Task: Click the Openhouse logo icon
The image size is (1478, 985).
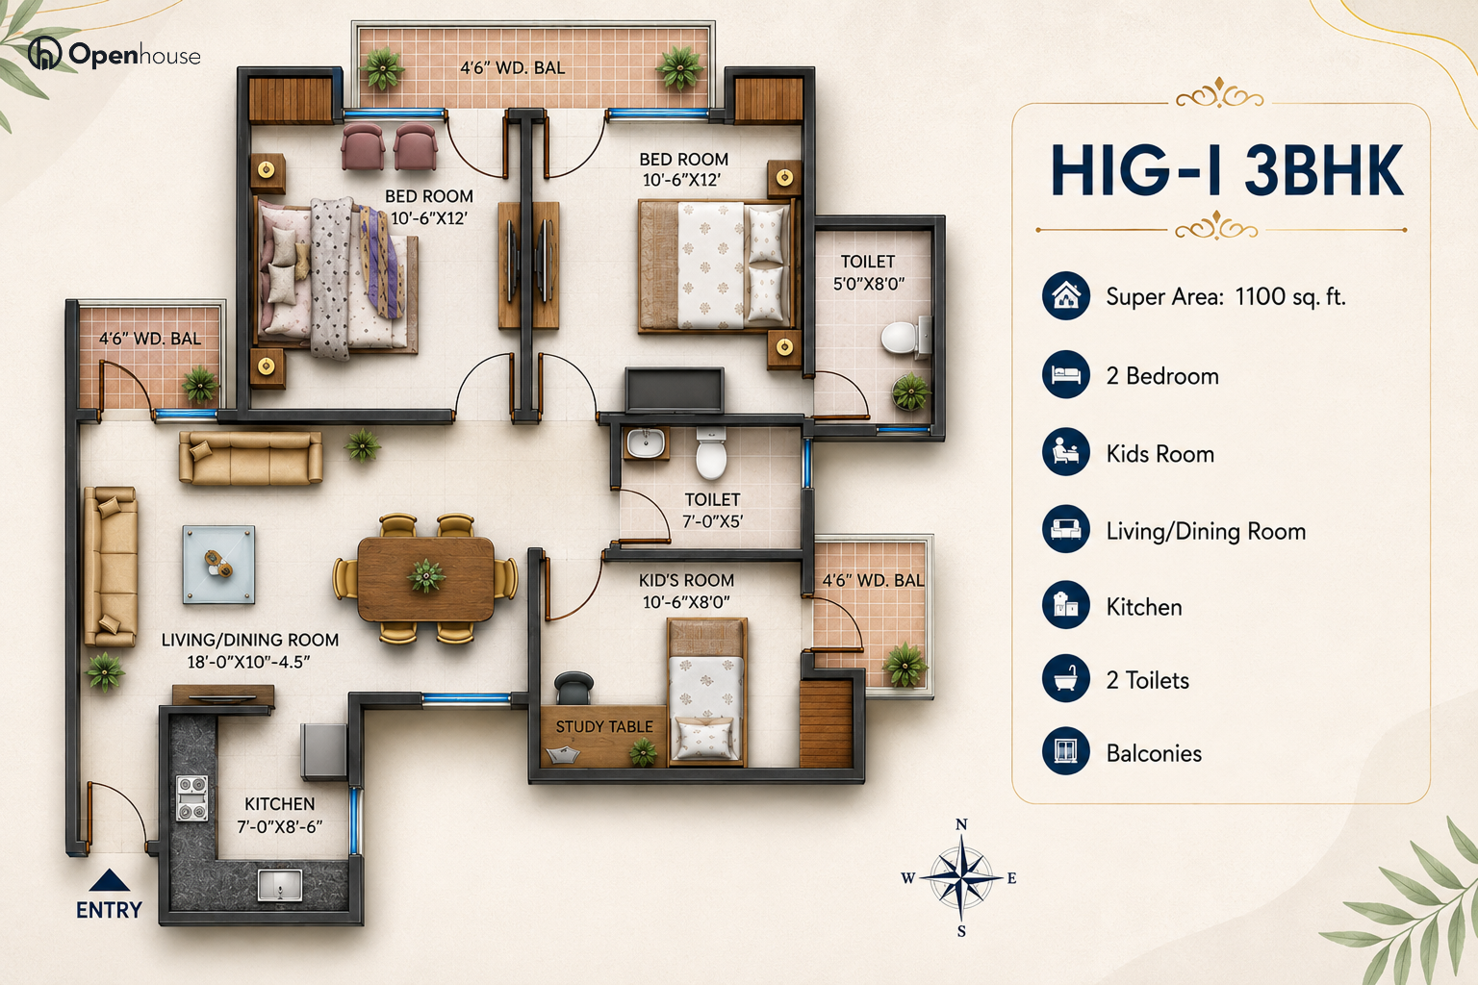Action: (44, 53)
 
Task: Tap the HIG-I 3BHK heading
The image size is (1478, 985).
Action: (1227, 170)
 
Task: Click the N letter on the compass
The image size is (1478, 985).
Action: (961, 824)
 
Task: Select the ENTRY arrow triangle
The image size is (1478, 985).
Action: (109, 880)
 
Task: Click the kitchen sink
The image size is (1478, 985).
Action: (280, 884)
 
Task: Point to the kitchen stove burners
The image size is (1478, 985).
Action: (192, 798)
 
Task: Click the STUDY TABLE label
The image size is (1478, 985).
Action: (603, 726)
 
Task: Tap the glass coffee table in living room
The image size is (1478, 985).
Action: (218, 565)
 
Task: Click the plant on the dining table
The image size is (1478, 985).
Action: (426, 576)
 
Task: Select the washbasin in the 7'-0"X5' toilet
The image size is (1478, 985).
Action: (646, 442)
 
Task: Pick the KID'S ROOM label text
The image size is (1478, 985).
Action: (686, 580)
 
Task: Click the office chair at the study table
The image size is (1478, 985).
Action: (573, 688)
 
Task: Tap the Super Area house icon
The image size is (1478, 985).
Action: (1065, 295)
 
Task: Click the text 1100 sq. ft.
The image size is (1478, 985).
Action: (1290, 296)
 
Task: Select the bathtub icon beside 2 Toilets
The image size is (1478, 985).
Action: (1065, 679)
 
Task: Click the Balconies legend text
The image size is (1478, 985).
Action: (1154, 753)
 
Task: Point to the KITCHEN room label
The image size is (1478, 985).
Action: (280, 803)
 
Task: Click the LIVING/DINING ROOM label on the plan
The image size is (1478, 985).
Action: (250, 640)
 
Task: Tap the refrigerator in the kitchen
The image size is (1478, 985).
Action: (324, 751)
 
